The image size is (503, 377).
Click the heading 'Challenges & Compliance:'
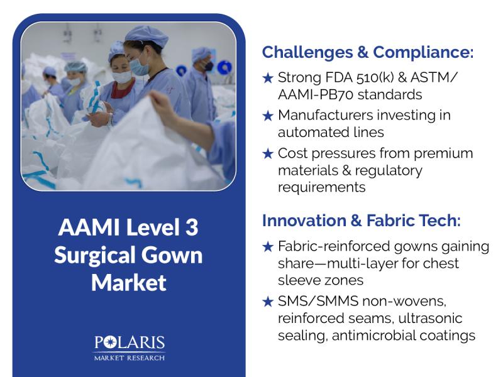click(368, 52)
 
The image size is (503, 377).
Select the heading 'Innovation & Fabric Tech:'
click(361, 221)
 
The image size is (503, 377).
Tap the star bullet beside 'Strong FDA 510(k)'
click(268, 78)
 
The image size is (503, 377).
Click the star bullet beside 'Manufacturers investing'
click(268, 116)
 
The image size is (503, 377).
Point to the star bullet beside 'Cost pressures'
click(268, 153)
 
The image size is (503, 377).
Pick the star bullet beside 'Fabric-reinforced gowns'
click(268, 246)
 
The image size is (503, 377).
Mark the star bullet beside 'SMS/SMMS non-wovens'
click(268, 302)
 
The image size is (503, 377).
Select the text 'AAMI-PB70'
click(316, 95)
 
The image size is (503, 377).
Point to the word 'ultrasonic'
click(430, 319)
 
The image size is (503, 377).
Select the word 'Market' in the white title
click(129, 282)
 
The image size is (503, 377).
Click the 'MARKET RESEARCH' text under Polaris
click(130, 358)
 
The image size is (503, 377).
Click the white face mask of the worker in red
click(121, 77)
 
